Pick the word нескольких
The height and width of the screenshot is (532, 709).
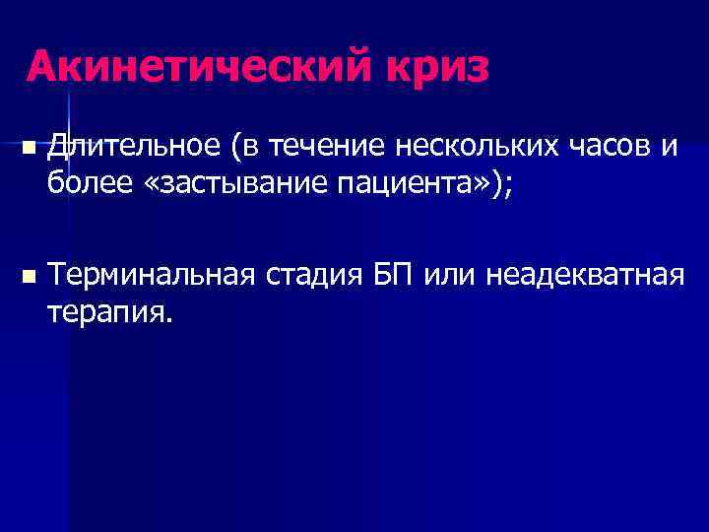click(x=480, y=147)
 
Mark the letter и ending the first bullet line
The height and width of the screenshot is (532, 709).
click(x=670, y=148)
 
